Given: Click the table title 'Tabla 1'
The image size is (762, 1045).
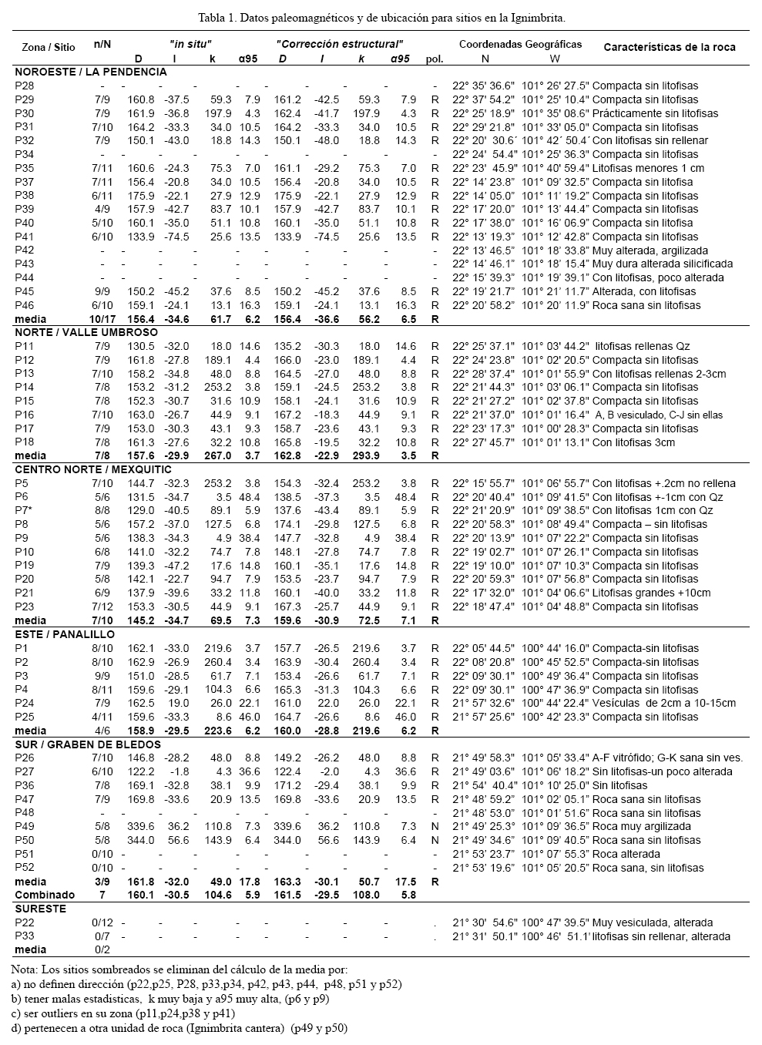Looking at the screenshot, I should pos(381,16).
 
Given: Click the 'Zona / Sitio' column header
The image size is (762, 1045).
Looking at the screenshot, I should pos(49,47).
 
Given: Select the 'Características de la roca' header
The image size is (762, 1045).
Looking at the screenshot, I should pos(669,47).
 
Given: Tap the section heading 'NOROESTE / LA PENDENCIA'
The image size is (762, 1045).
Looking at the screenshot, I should pos(91,72).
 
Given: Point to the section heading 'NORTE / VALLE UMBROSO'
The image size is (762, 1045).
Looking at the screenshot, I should pos(86,332).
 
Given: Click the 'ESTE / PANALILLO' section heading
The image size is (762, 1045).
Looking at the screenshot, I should pos(65,634).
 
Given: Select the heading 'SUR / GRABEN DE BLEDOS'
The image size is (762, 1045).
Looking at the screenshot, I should pos(88,744).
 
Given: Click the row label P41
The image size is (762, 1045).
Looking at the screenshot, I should pos(25,237).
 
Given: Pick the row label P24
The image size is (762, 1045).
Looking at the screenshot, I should pos(25,703).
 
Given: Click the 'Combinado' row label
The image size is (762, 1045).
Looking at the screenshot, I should pos(45,895).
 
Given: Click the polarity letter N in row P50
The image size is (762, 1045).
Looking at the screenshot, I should pos(435,840).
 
